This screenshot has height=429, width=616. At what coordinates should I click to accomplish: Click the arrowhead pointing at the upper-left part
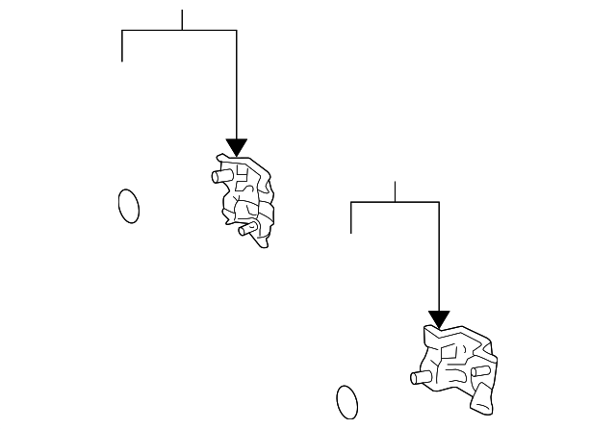click(236, 147)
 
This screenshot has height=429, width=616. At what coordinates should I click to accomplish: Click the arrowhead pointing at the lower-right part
click(439, 318)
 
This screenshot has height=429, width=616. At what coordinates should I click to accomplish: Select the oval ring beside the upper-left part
click(128, 205)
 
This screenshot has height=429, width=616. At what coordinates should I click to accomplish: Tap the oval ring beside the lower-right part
click(347, 401)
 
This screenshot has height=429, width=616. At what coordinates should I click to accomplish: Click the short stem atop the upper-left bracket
click(182, 19)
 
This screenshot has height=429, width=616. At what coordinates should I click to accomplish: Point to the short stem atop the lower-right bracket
click(396, 190)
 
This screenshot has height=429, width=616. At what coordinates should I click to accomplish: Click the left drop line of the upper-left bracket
click(122, 45)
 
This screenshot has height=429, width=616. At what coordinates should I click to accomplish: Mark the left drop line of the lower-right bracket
click(351, 217)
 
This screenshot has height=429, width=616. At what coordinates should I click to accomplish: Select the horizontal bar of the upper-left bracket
click(179, 30)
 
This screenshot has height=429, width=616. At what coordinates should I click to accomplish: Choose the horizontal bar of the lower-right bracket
click(395, 202)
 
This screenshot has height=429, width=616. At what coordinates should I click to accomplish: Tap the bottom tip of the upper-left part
click(263, 243)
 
